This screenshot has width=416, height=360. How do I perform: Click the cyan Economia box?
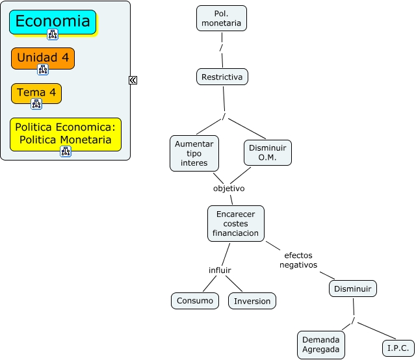tap(53, 22)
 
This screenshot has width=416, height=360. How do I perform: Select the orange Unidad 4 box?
tap(43, 58)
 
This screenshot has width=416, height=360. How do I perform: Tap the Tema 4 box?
tap(36, 94)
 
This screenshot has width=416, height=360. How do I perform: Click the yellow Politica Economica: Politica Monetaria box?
tap(66, 135)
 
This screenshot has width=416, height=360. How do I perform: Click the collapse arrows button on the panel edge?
tap(133, 80)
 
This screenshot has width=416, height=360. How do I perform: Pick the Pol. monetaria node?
tap(222, 18)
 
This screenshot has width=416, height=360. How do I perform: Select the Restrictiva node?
tap(222, 77)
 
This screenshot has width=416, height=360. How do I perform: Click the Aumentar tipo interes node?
tap(194, 153)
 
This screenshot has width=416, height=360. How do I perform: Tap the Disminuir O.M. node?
tap(268, 153)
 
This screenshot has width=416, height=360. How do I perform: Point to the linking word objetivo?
tap(229, 188)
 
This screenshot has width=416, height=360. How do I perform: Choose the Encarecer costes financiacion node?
tap(236, 224)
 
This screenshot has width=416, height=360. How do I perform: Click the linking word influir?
tap(220, 270)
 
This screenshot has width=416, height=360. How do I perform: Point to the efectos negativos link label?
tap(298, 260)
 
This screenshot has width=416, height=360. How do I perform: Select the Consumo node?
tap(195, 301)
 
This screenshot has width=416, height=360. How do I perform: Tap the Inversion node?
tap(252, 301)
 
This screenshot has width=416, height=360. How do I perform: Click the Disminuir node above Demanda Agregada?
tap(353, 289)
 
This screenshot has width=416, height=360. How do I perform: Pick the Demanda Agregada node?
tap(321, 344)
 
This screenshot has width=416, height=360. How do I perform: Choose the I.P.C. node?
tap(398, 348)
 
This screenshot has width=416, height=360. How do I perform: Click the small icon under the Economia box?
tap(53, 34)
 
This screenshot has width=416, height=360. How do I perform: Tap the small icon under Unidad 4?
tap(43, 70)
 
